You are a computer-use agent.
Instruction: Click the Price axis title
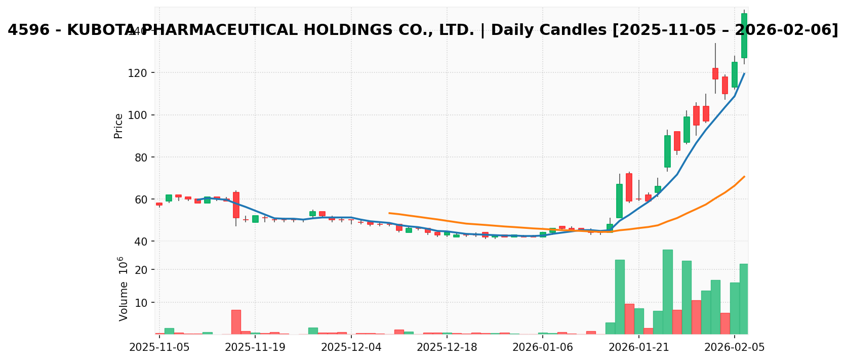[118, 126]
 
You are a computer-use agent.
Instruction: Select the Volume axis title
[123, 289]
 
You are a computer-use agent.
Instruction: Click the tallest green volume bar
[667, 292]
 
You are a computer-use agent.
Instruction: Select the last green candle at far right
[744, 35]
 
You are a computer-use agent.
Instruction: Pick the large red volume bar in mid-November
[236, 322]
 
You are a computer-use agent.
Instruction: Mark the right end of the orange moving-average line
[744, 177]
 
